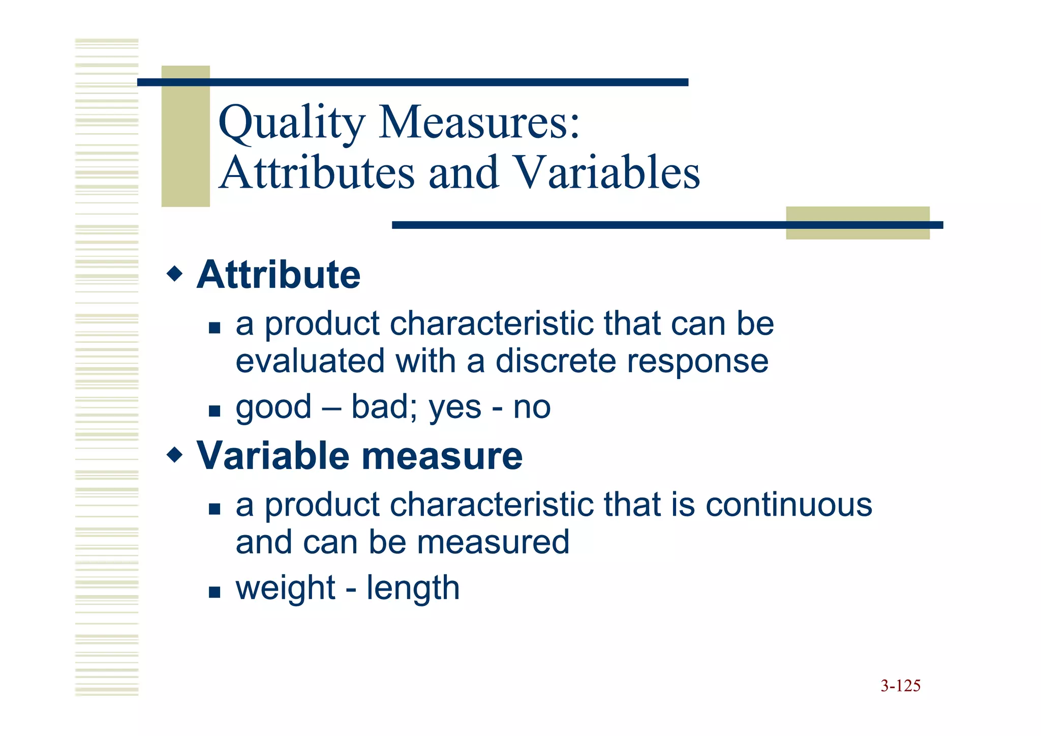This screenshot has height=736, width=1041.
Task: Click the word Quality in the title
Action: coord(291,123)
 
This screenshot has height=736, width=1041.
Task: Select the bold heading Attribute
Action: coord(279,275)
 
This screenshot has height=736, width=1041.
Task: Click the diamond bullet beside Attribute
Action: coord(174,274)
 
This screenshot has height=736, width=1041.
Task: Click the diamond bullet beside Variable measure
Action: coord(174,454)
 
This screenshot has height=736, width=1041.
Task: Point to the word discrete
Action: coord(556,361)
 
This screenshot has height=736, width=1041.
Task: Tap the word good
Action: coord(273,408)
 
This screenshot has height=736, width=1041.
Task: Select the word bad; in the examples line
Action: coord(384,407)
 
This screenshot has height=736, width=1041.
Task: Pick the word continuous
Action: coord(789,505)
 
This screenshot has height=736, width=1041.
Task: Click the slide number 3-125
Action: coord(900,686)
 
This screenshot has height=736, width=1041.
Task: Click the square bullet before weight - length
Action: coord(215,592)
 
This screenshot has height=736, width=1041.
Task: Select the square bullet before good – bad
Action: coord(215,410)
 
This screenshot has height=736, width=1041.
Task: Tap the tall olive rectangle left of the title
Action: coord(186,136)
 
